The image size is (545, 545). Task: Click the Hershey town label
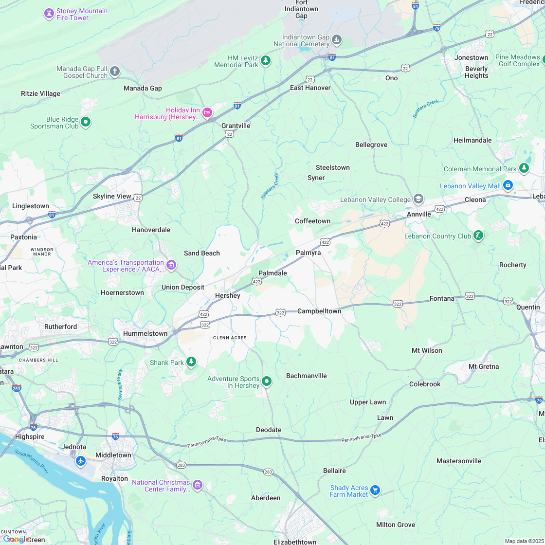(228, 295)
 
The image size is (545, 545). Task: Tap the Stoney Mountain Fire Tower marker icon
(49, 14)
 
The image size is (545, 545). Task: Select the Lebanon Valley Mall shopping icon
(508, 185)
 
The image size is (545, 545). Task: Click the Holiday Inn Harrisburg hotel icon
(207, 113)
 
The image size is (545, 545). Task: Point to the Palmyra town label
(309, 253)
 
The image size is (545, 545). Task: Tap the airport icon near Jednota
(81, 460)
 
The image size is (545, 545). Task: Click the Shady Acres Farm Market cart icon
(375, 490)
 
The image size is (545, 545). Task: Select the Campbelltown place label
(319, 311)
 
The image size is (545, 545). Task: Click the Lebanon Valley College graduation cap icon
(418, 199)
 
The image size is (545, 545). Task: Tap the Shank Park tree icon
(192, 362)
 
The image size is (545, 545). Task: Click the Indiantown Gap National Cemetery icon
(337, 39)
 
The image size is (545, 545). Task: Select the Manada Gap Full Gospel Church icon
(114, 72)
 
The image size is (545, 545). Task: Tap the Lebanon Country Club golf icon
(478, 236)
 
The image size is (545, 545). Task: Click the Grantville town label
(236, 126)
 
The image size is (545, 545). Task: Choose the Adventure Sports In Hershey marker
(267, 381)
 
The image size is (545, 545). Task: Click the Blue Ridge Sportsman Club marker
(86, 122)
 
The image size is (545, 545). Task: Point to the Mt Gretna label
(484, 366)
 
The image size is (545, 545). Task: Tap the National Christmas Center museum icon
(197, 485)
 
